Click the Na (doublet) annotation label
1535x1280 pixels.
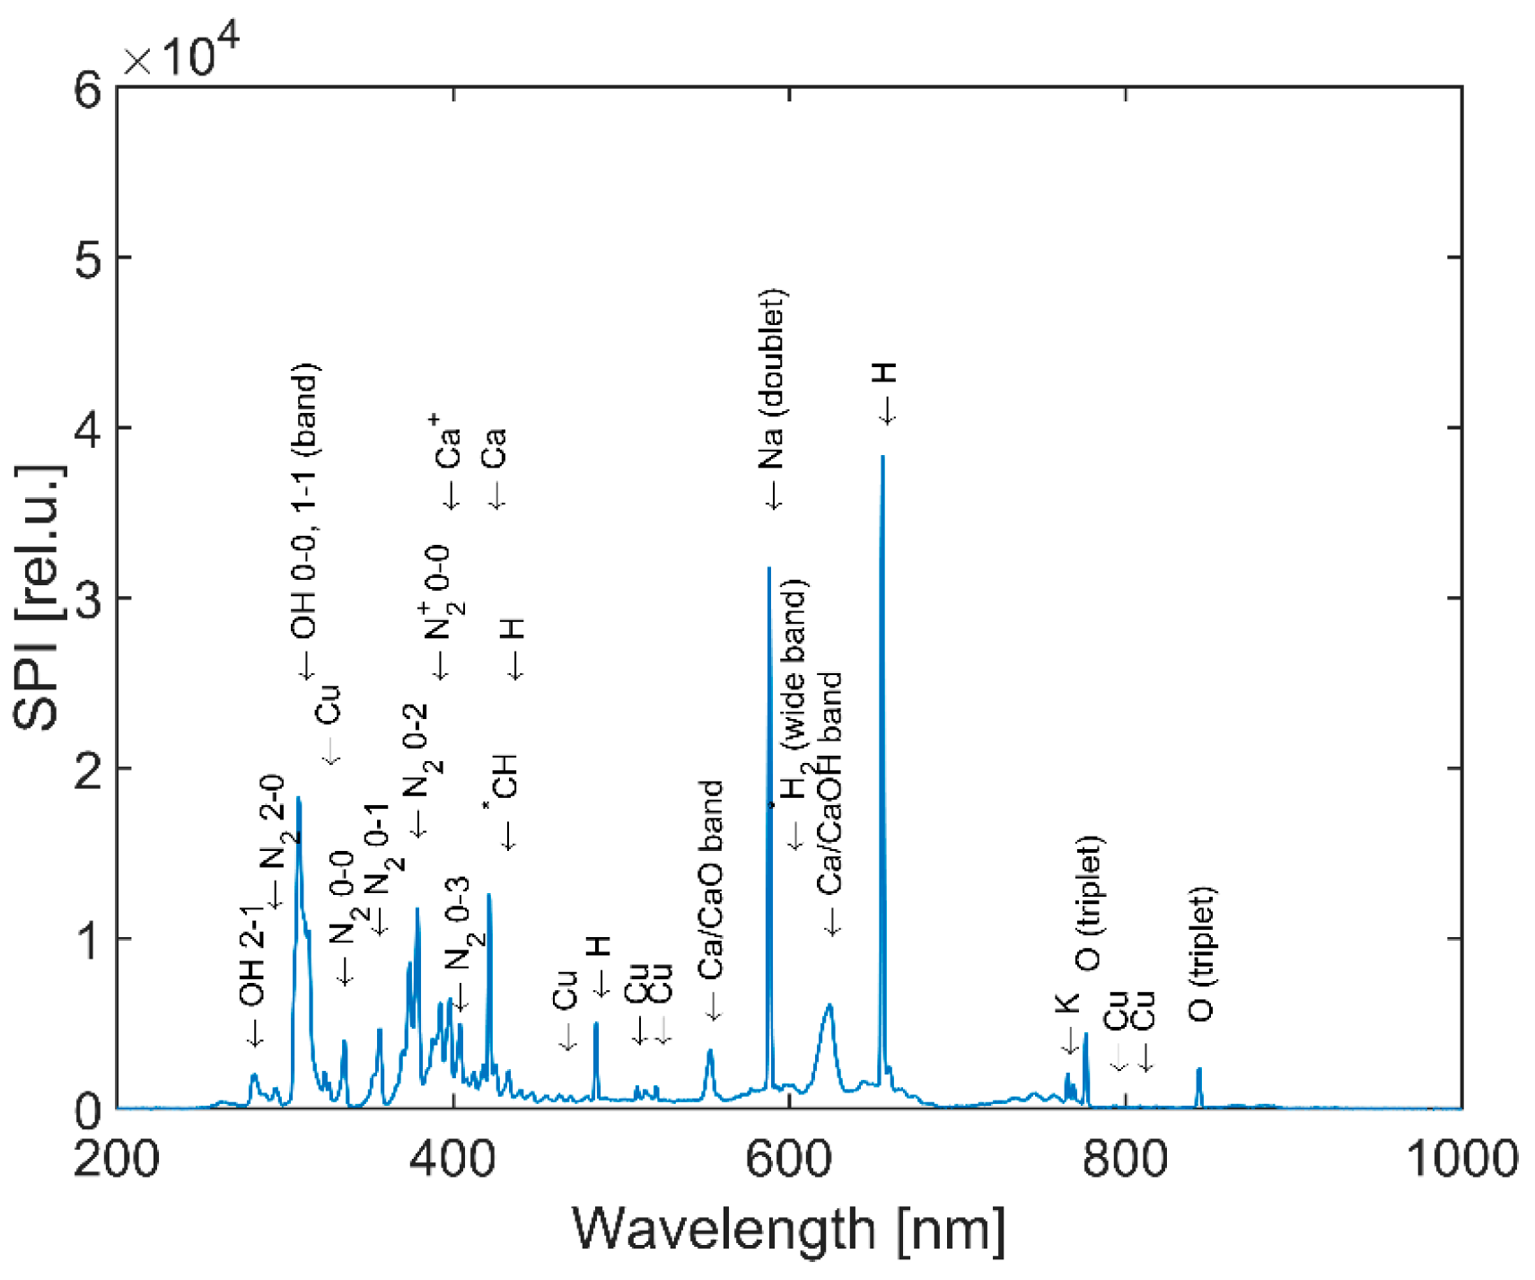[772, 381]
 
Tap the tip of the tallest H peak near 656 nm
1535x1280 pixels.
[882, 457]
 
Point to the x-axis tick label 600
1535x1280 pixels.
[788, 1159]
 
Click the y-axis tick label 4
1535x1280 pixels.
[88, 429]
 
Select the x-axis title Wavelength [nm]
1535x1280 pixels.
[788, 1230]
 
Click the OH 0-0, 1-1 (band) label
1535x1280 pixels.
[305, 503]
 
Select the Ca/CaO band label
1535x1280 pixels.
[711, 881]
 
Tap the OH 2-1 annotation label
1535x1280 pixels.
[253, 957]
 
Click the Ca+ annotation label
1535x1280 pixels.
[449, 442]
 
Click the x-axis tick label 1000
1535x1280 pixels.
[1460, 1159]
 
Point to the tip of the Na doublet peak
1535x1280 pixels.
[769, 568]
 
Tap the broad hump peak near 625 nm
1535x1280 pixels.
[829, 1005]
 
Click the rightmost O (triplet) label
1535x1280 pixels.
[1201, 955]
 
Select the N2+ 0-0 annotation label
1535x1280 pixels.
[440, 594]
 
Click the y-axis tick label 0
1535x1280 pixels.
[88, 1111]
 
